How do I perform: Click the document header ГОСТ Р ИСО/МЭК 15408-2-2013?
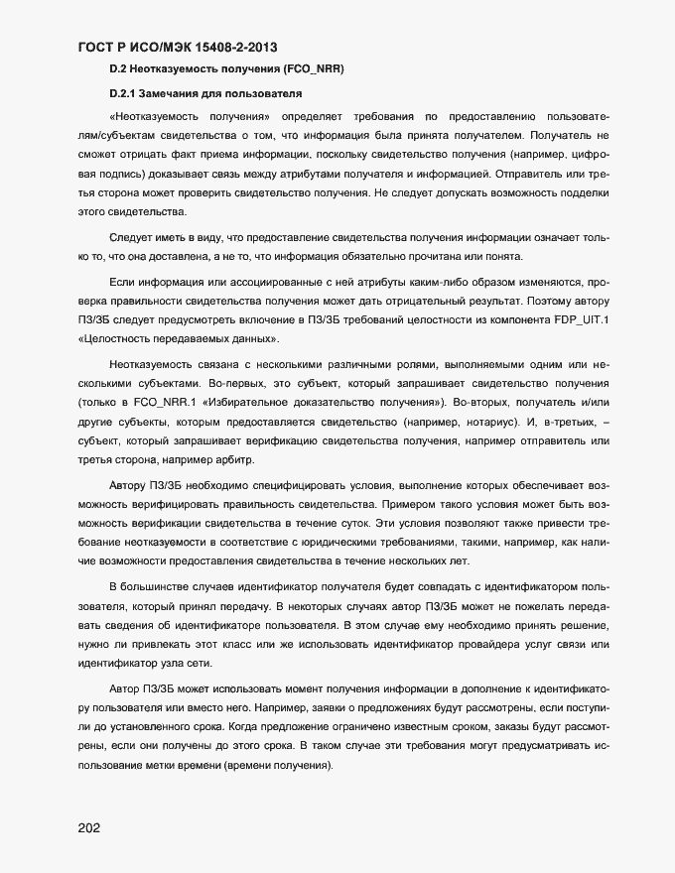click(x=177, y=47)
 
